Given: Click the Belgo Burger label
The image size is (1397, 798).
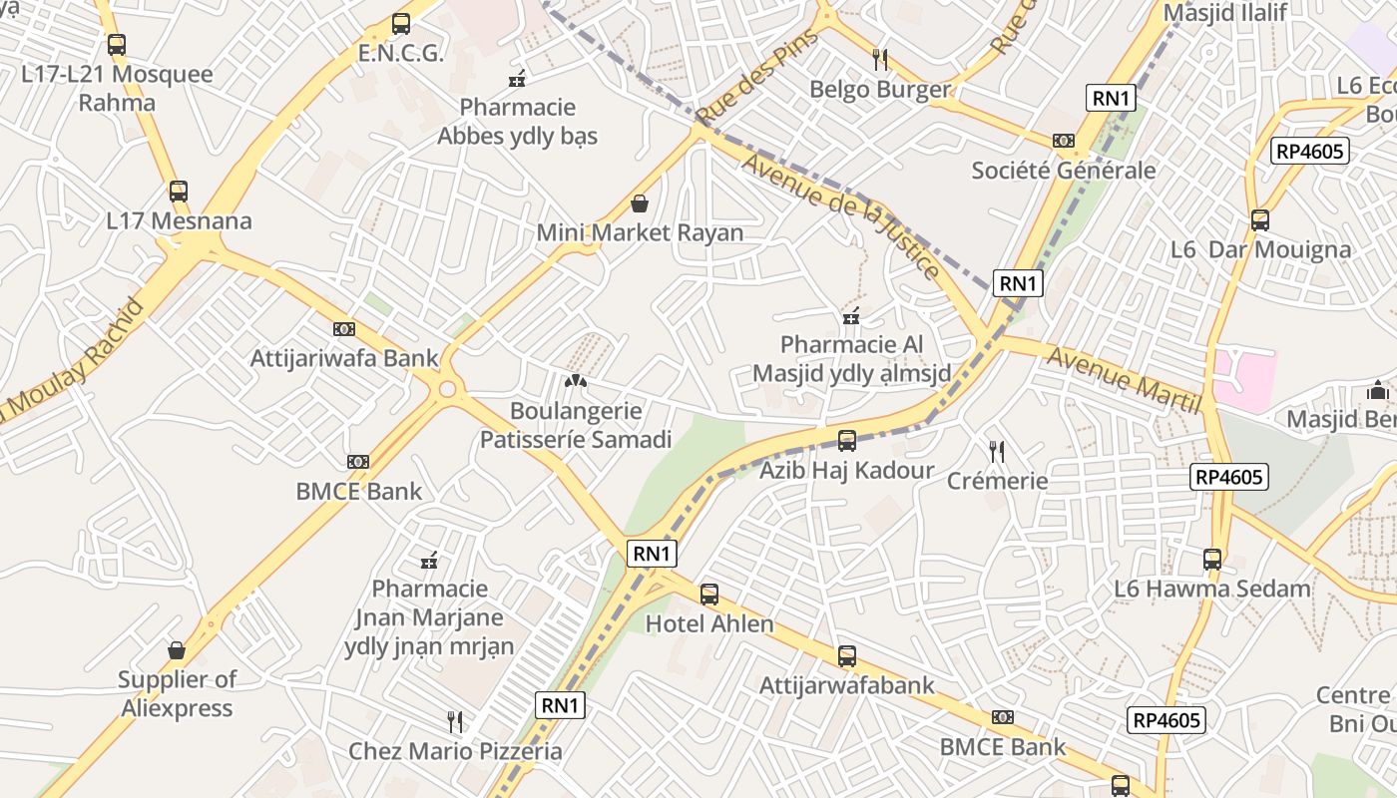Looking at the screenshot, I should point(880,90).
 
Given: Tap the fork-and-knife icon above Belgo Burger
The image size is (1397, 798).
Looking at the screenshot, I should point(880,60).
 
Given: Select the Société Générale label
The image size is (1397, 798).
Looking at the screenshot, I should point(1064,171).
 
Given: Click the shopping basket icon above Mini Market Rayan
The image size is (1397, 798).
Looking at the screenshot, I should point(640,204).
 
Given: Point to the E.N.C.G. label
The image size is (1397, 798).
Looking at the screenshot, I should point(400,54).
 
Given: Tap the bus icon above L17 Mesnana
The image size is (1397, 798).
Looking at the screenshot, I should point(179,192).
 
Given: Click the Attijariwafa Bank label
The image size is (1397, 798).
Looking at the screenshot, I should point(344,359).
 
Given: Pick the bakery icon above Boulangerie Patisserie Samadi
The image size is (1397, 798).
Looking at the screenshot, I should point(576,381).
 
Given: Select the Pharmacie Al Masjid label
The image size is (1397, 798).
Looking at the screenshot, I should point(851,359).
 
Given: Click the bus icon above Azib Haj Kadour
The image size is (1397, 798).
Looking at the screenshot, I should point(847,440).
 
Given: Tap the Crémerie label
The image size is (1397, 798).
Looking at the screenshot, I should point(997,481).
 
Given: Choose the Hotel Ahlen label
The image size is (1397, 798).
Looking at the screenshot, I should point(709,624).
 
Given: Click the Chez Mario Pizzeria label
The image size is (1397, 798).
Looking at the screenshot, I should point(455,751).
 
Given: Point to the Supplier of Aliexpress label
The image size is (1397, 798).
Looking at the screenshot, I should point(177,693).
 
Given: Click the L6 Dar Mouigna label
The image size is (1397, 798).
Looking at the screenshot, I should point(1261,250).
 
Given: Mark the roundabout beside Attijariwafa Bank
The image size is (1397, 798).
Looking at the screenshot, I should point(447,389).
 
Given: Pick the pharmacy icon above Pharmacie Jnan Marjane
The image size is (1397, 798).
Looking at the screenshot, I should point(430,561).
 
